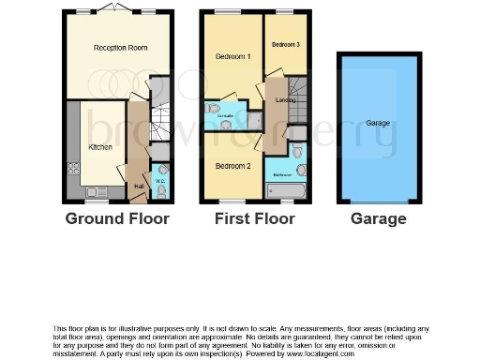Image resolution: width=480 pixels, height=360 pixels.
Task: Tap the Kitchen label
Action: pyautogui.click(x=100, y=147)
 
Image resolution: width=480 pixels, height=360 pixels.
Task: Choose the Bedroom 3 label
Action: pyautogui.click(x=286, y=45)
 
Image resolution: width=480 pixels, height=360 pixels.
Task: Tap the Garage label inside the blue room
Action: pyautogui.click(x=378, y=123)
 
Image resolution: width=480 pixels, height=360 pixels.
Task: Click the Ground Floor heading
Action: pyautogui.click(x=117, y=219)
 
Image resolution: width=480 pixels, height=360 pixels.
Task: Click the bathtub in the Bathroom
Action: pyautogui.click(x=287, y=192)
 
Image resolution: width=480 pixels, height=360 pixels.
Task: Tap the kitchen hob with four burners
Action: pyautogui.click(x=73, y=169)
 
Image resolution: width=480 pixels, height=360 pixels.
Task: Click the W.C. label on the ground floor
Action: pyautogui.click(x=159, y=182)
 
